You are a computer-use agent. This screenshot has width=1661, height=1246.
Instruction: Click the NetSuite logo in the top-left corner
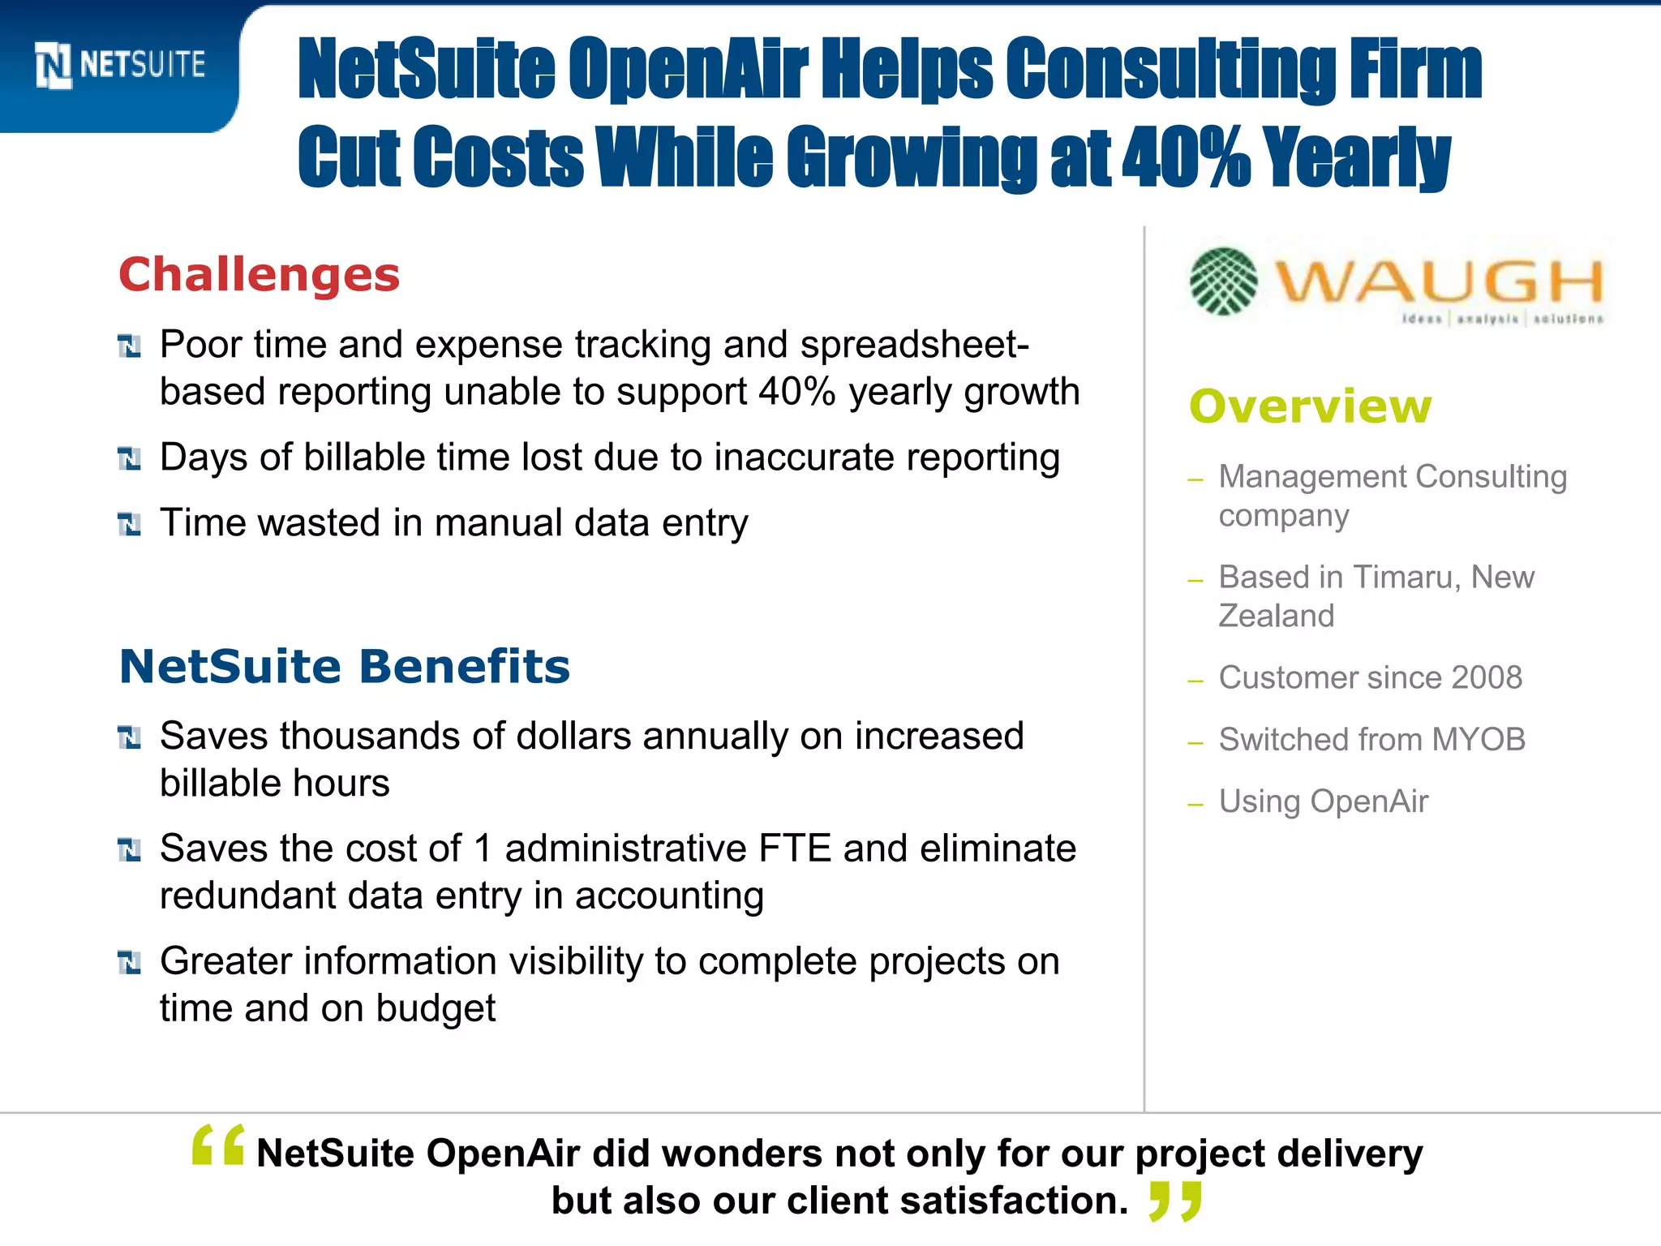pyautogui.click(x=120, y=65)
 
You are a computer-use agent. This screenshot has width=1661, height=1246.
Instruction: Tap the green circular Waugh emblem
pyautogui.click(x=1224, y=281)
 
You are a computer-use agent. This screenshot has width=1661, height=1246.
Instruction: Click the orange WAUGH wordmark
pyautogui.click(x=1439, y=281)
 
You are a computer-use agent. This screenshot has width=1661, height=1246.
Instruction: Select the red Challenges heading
pyautogui.click(x=260, y=274)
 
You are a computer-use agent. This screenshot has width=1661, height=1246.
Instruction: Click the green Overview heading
pyautogui.click(x=1311, y=406)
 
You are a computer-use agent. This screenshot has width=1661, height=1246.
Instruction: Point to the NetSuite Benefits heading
pyautogui.click(x=345, y=666)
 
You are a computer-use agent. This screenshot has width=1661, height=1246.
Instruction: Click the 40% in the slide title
pyautogui.click(x=1186, y=157)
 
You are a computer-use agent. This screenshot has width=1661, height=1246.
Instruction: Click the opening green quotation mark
pyautogui.click(x=218, y=1145)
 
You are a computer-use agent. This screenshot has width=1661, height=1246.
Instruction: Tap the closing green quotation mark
pyautogui.click(x=1175, y=1201)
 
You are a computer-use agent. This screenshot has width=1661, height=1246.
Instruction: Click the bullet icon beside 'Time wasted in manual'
pyautogui.click(x=130, y=524)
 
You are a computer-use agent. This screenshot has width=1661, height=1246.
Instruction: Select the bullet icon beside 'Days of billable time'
pyautogui.click(x=130, y=458)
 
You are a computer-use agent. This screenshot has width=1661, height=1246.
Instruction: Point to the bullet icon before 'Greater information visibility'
pyautogui.click(x=130, y=962)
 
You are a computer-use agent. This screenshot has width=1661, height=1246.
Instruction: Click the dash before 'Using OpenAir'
pyautogui.click(x=1195, y=805)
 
